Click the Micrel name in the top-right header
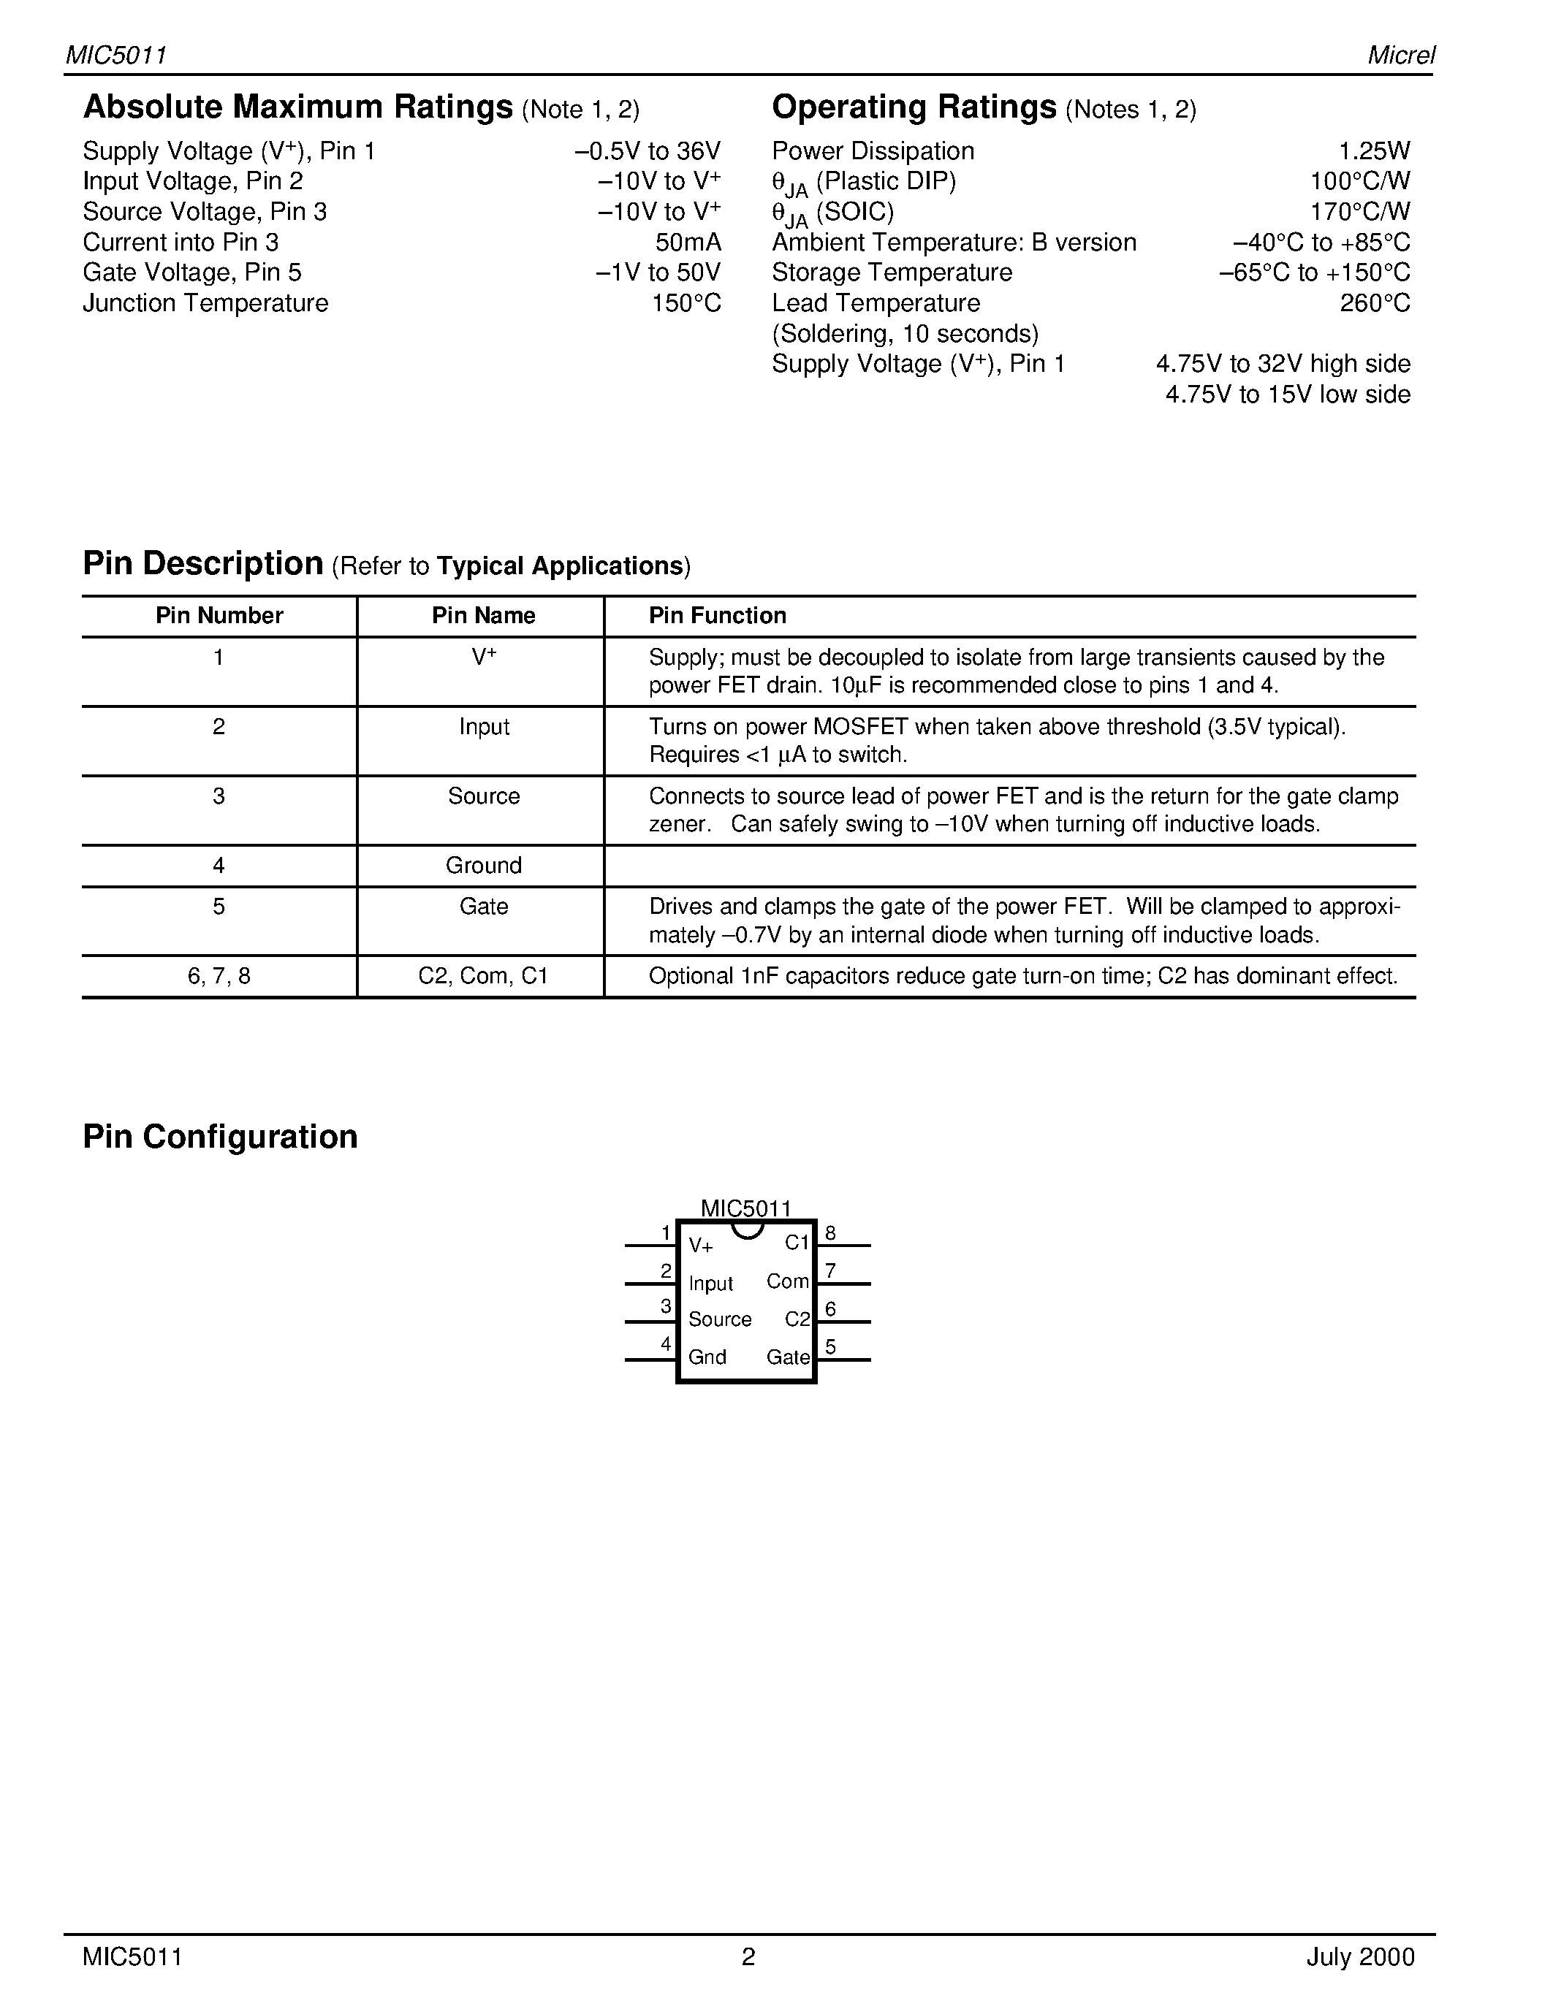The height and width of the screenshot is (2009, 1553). click(1400, 56)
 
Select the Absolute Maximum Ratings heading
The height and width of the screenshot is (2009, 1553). click(297, 107)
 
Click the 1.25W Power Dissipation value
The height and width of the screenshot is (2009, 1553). click(1374, 151)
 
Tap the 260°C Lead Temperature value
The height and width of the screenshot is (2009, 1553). click(1375, 304)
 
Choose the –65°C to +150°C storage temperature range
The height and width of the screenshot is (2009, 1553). click(1314, 273)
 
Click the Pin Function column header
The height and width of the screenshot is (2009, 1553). click(718, 615)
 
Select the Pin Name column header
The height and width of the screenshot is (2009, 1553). click(483, 615)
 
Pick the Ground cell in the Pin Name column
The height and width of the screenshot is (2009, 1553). click(483, 866)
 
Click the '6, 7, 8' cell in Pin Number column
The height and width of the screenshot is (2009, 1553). click(219, 976)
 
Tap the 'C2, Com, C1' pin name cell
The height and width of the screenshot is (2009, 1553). click(483, 976)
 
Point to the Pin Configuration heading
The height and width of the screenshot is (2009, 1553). click(220, 1137)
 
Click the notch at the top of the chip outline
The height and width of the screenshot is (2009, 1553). click(747, 1230)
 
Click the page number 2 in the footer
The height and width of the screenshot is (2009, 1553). click(748, 1956)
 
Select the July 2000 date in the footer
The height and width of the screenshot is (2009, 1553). click(1360, 1956)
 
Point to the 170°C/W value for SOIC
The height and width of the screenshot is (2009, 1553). click(1360, 213)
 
